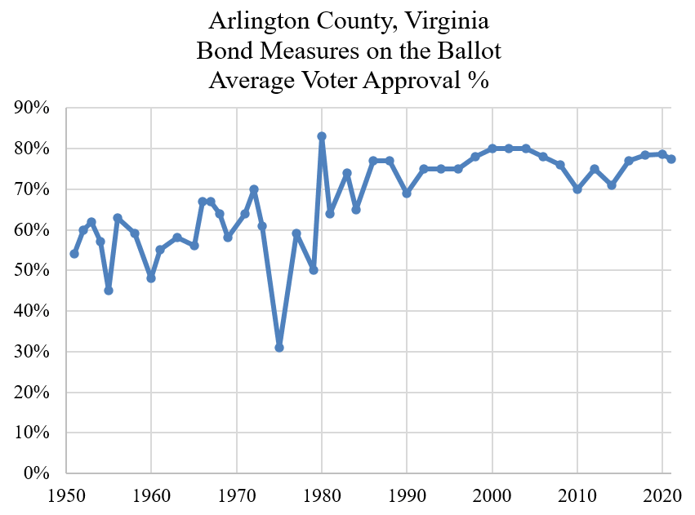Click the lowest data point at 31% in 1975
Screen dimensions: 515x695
click(279, 348)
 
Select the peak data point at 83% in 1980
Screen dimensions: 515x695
click(322, 136)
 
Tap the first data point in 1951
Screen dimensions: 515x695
click(74, 254)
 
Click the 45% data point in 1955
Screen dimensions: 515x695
click(109, 291)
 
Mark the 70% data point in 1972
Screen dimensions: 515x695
click(254, 189)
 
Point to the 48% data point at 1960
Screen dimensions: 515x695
click(151, 278)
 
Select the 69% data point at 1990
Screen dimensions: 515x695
click(407, 193)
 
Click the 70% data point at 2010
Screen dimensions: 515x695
click(577, 189)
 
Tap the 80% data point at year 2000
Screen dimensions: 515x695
click(492, 149)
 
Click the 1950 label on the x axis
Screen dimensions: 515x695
click(65, 495)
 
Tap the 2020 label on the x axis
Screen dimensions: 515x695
click(662, 495)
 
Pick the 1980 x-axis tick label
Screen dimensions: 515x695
click(322, 495)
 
